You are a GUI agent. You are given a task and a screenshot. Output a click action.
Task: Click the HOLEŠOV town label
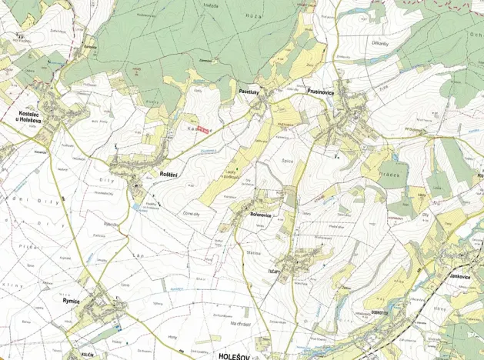pyautogui.click(x=236, y=356)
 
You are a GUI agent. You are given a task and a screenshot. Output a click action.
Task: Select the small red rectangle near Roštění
pyautogui.click(x=202, y=129)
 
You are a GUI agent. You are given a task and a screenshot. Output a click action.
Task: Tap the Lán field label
pyautogui.click(x=139, y=255)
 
